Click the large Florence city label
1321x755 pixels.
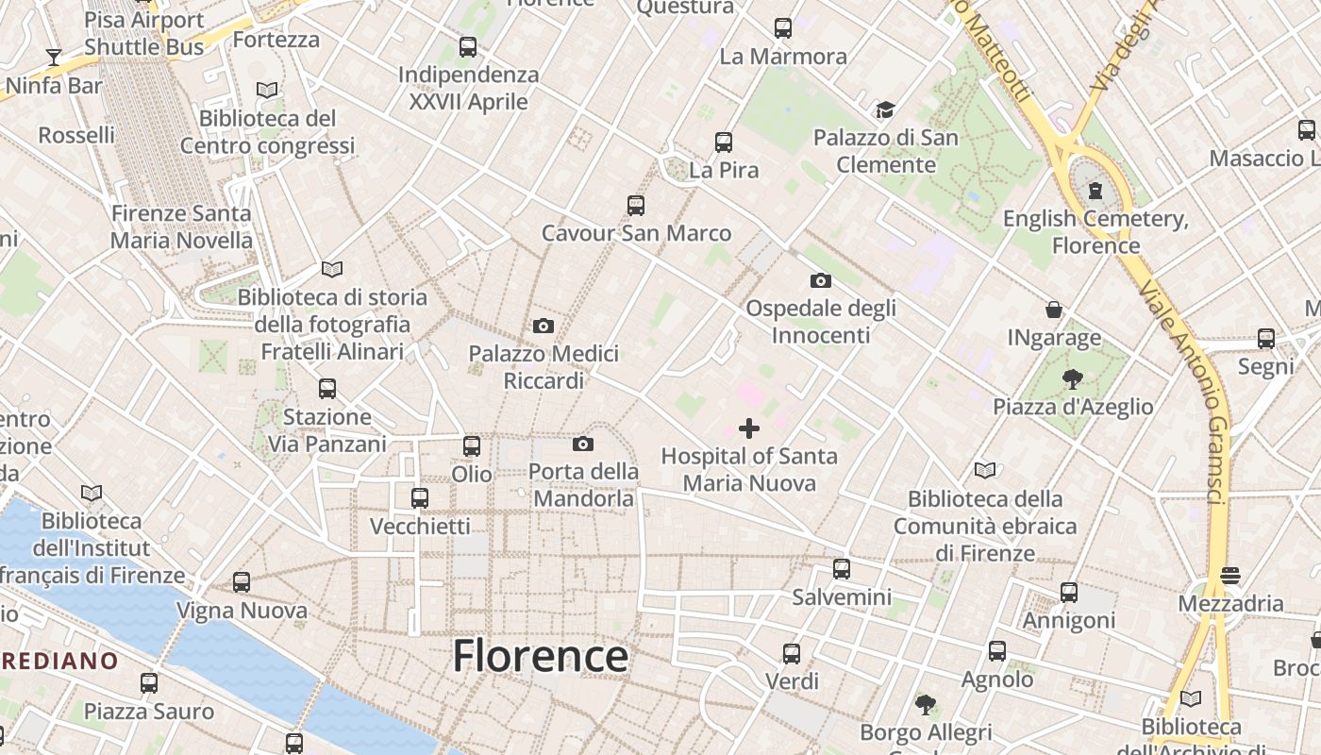click(541, 655)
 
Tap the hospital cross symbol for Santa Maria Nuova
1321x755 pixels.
click(749, 428)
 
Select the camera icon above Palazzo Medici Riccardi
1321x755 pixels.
click(543, 327)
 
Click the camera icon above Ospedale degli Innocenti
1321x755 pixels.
click(821, 280)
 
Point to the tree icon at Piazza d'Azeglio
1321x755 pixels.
click(1072, 379)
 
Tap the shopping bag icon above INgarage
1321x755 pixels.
click(1054, 310)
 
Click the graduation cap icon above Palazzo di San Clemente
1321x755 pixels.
click(885, 110)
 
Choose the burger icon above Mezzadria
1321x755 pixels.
click(1229, 575)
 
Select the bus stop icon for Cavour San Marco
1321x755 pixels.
click(636, 206)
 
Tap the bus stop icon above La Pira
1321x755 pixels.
click(724, 143)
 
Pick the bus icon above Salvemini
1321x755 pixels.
click(842, 569)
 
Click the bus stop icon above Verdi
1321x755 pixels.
click(792, 653)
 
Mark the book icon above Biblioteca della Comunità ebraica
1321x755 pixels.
click(985, 470)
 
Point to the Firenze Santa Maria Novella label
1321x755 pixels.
click(181, 226)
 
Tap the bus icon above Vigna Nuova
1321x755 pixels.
click(242, 582)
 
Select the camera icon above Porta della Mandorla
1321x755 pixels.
click(583, 444)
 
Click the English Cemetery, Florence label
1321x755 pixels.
click(1095, 232)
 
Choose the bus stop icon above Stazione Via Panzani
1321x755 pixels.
click(327, 388)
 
